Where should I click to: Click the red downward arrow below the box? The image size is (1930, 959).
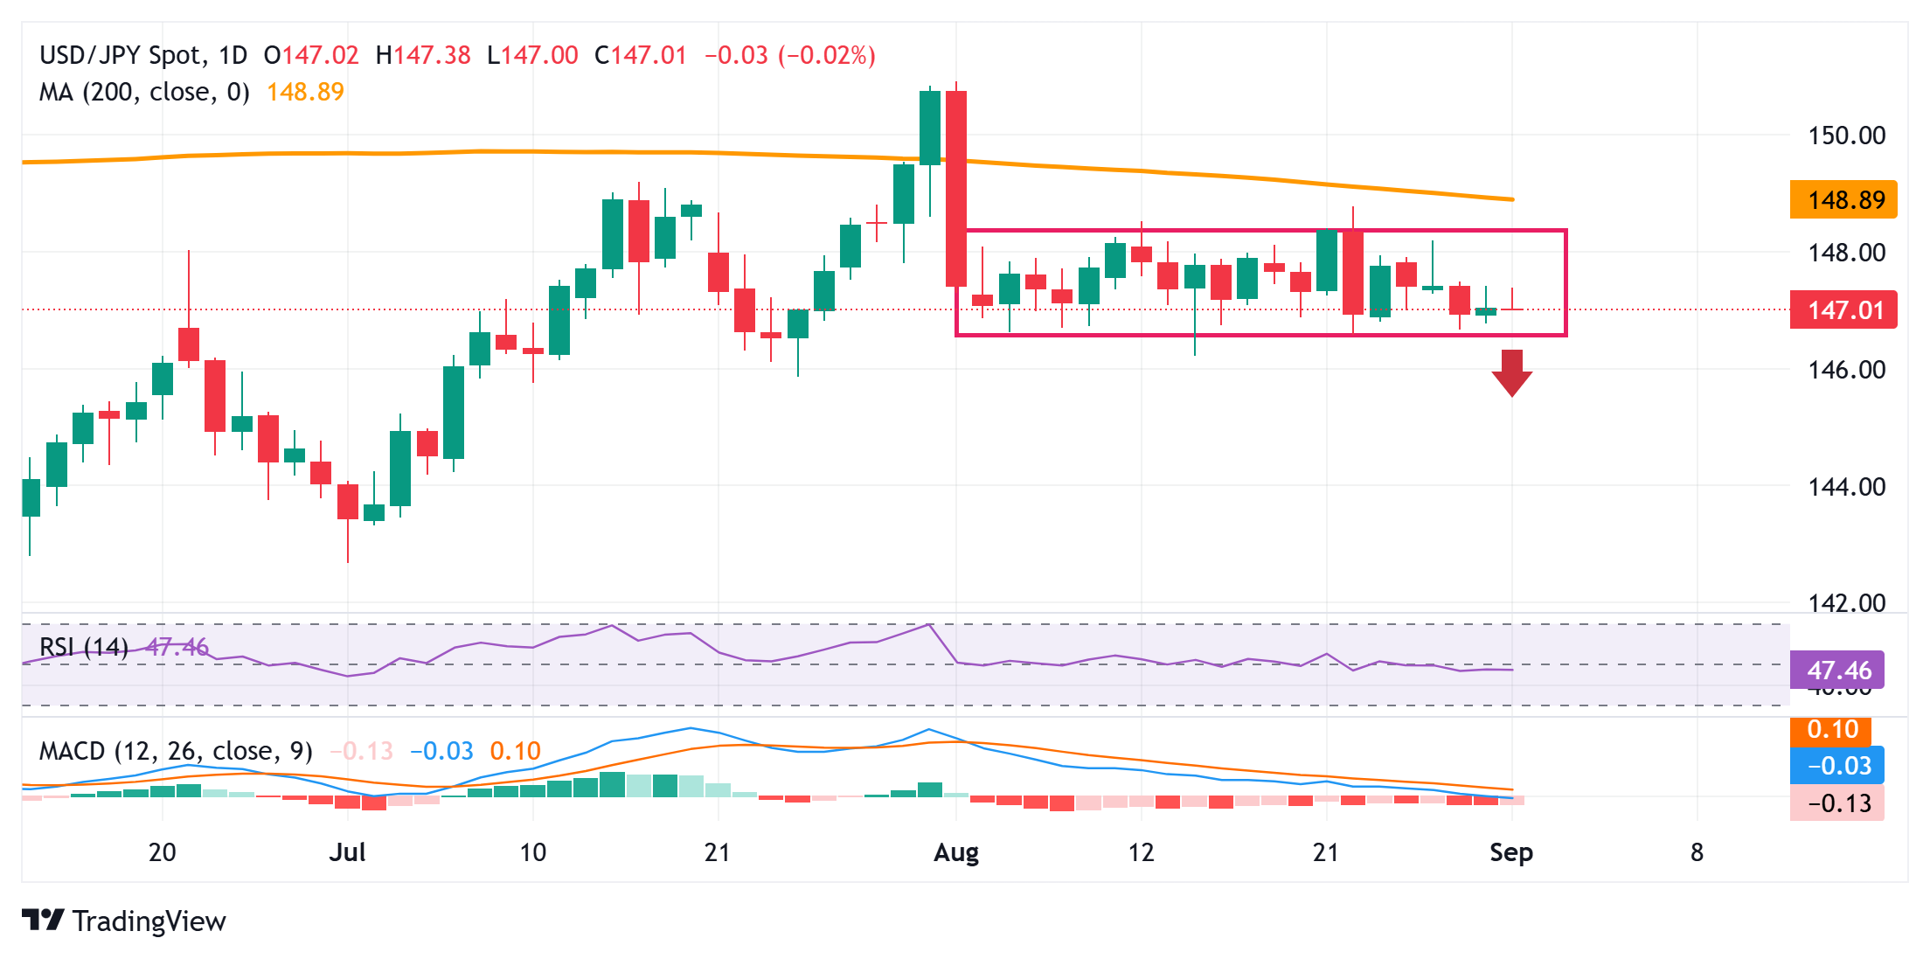[1511, 372]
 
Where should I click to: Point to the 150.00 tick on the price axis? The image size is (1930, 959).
[1846, 136]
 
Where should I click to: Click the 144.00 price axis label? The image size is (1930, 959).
[1846, 487]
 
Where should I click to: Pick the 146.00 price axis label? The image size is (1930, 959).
[1846, 370]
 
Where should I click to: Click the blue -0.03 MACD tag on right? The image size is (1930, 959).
[1837, 766]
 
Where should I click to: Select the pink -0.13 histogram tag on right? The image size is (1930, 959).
[1837, 803]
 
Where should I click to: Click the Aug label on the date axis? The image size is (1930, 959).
[955, 852]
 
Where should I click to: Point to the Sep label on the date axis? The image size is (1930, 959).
[1510, 852]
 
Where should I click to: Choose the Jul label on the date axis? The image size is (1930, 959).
[347, 852]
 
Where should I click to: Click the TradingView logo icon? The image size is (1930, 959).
[43, 921]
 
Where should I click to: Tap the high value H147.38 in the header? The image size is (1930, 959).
[423, 55]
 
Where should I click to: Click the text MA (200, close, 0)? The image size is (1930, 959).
[144, 92]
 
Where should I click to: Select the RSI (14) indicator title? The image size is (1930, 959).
[84, 647]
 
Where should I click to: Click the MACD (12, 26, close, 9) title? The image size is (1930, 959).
[176, 751]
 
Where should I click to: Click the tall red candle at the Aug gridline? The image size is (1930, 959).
[956, 188]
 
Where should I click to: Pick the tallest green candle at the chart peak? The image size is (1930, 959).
[930, 128]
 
